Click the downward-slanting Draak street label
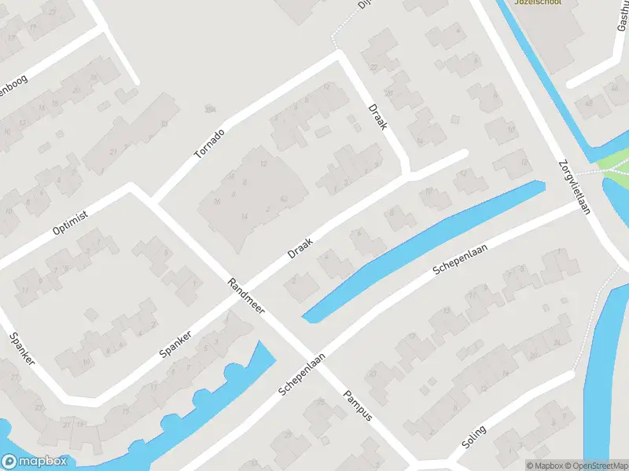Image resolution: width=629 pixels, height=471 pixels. coord(377,116)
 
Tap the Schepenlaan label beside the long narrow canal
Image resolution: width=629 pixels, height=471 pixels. coord(461,259)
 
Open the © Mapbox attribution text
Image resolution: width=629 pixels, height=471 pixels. coord(544,465)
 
